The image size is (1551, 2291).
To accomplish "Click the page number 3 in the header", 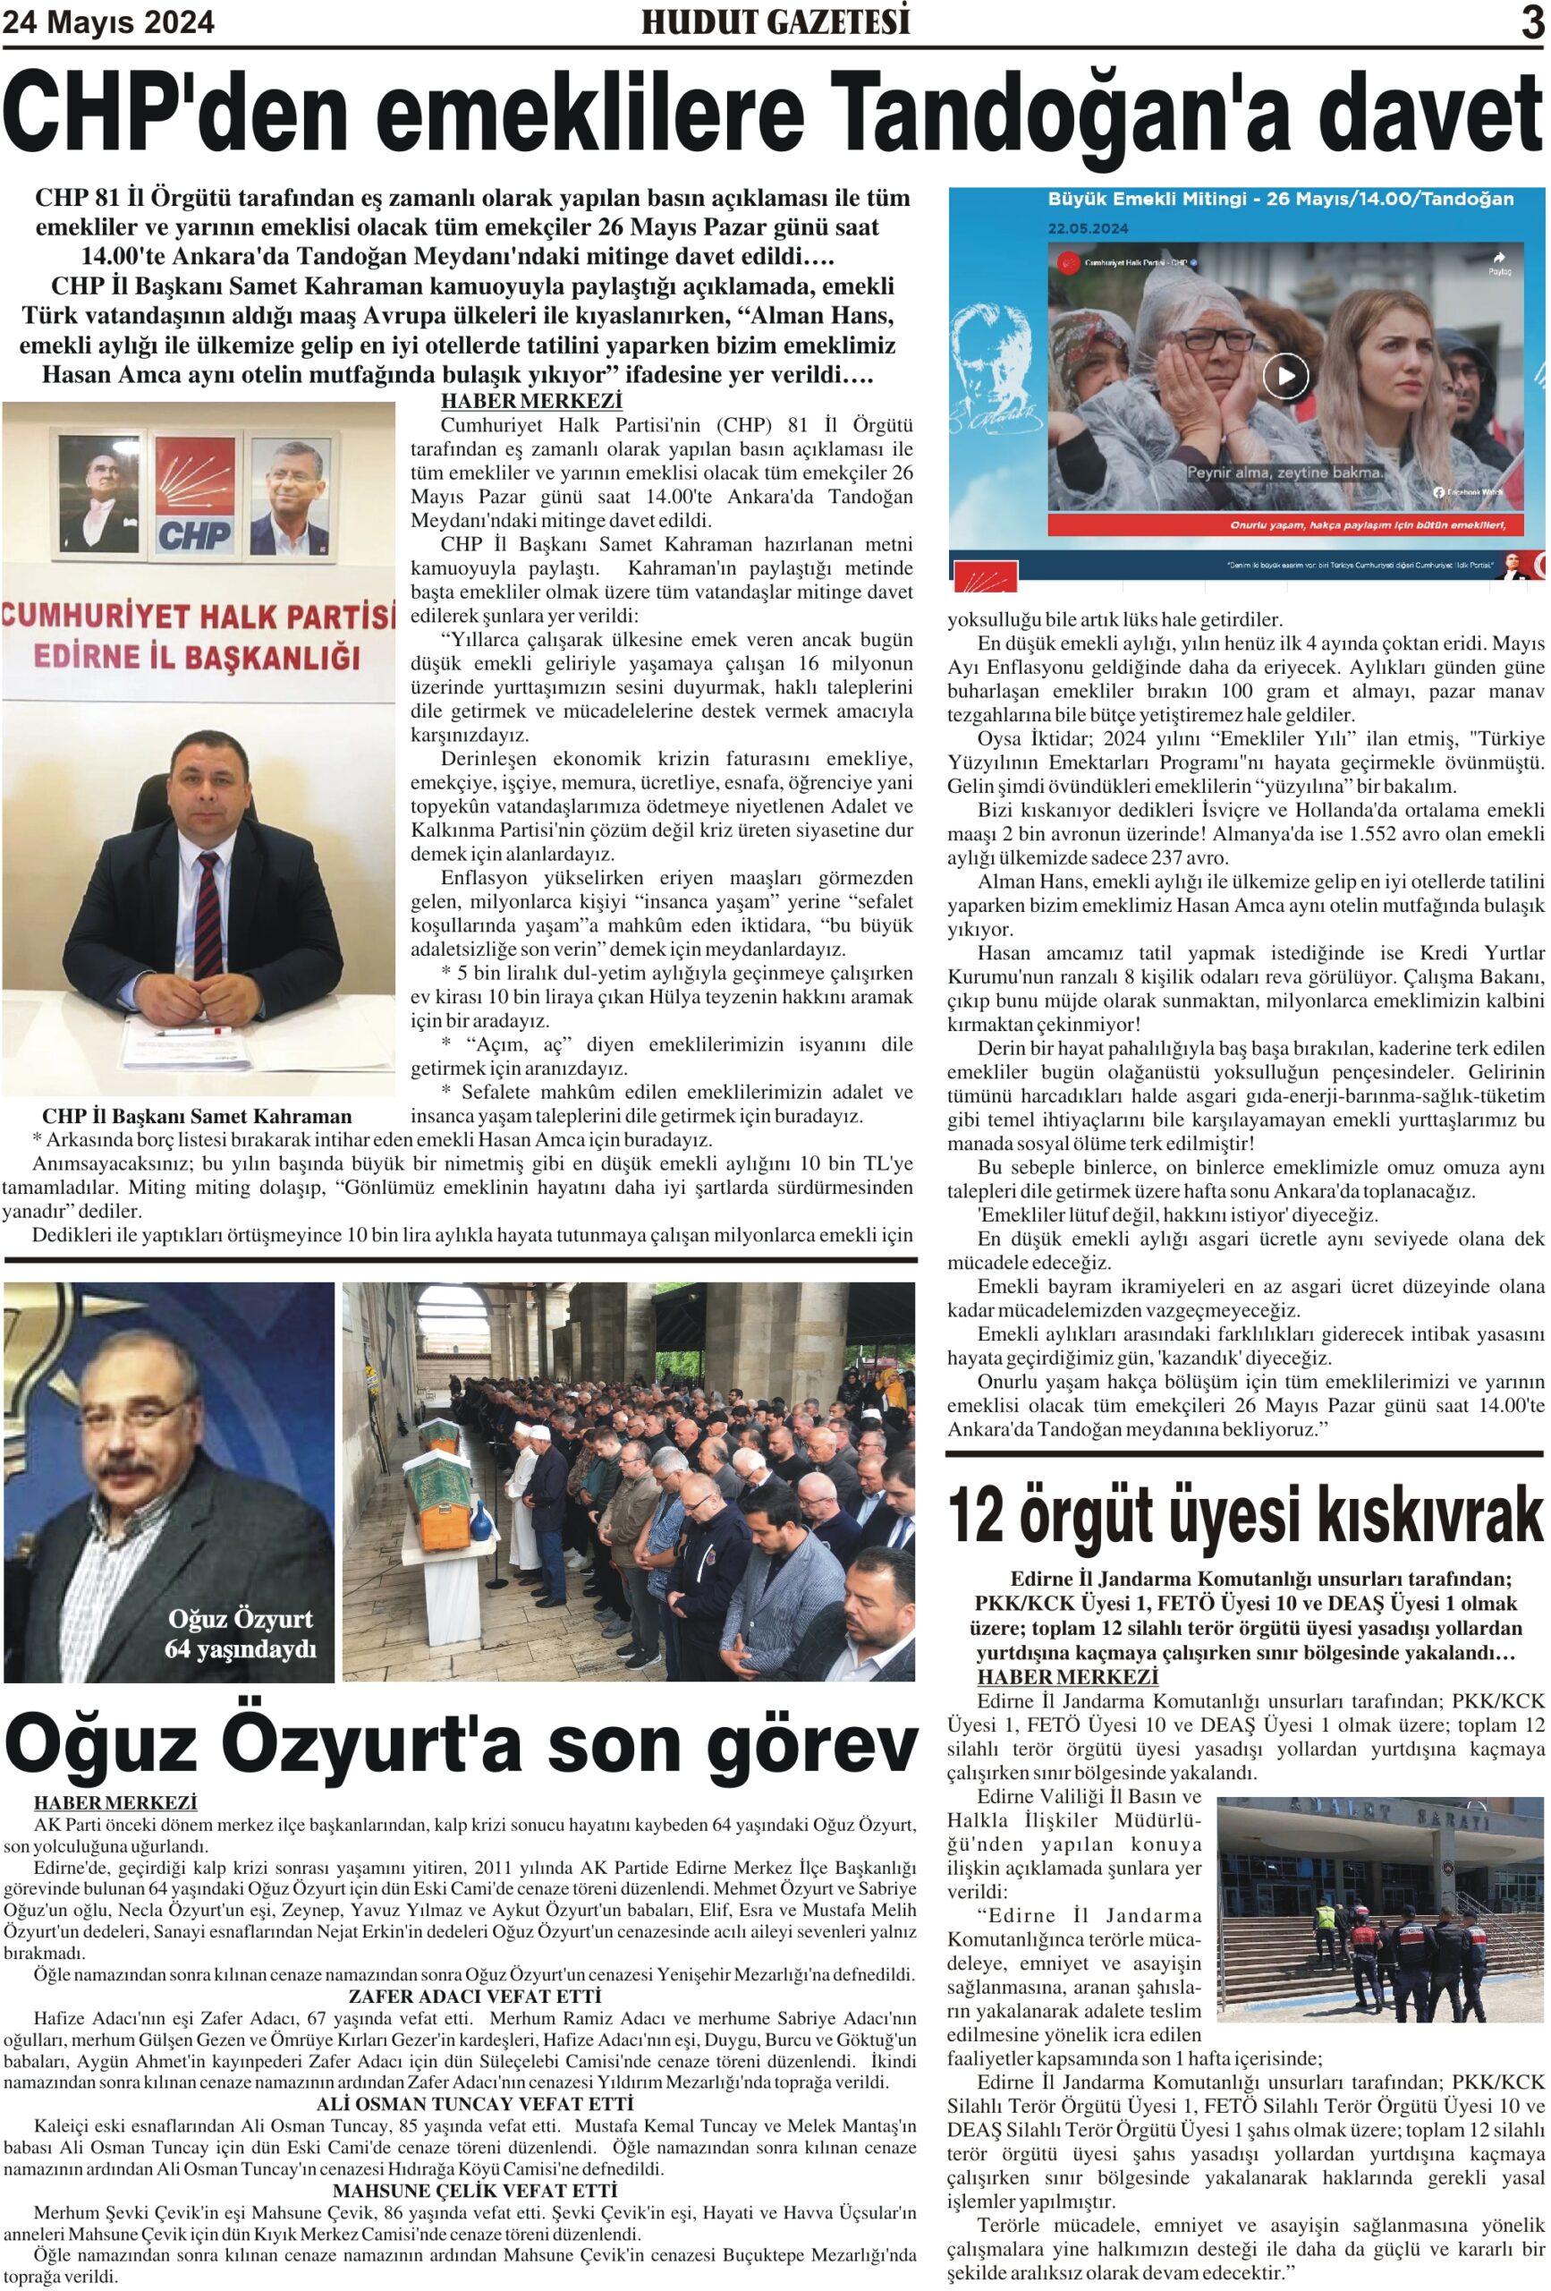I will pos(1531,21).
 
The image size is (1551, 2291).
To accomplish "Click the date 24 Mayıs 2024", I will pos(108,21).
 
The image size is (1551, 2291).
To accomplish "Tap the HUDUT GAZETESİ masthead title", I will pos(775,21).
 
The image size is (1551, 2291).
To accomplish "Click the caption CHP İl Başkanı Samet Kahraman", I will pos(197,1117).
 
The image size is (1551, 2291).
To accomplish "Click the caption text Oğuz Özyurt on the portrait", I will pos(240,1619).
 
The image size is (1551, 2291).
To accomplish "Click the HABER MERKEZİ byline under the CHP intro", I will pos(531,401).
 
